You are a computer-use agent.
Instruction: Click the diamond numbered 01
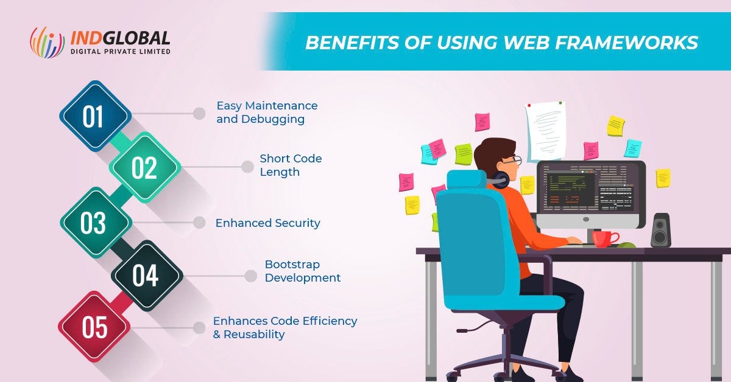click(x=95, y=116)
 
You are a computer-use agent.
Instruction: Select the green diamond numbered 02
click(x=145, y=168)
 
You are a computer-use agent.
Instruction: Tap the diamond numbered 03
click(x=94, y=223)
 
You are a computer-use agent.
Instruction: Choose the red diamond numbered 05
click(x=94, y=327)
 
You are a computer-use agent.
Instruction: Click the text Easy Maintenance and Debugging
click(x=267, y=113)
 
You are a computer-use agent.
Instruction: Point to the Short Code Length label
click(x=291, y=165)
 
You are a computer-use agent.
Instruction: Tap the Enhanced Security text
click(x=267, y=223)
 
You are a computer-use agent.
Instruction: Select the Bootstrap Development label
click(x=302, y=271)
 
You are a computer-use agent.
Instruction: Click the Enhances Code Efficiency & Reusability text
click(x=284, y=327)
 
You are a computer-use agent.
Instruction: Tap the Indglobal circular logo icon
click(x=47, y=42)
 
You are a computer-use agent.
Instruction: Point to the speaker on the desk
click(x=660, y=230)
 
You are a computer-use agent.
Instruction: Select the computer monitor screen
click(x=590, y=190)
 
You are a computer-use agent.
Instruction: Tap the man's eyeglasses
click(x=515, y=160)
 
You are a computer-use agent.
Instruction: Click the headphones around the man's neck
click(x=500, y=179)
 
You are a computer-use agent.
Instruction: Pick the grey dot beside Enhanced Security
click(x=199, y=223)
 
